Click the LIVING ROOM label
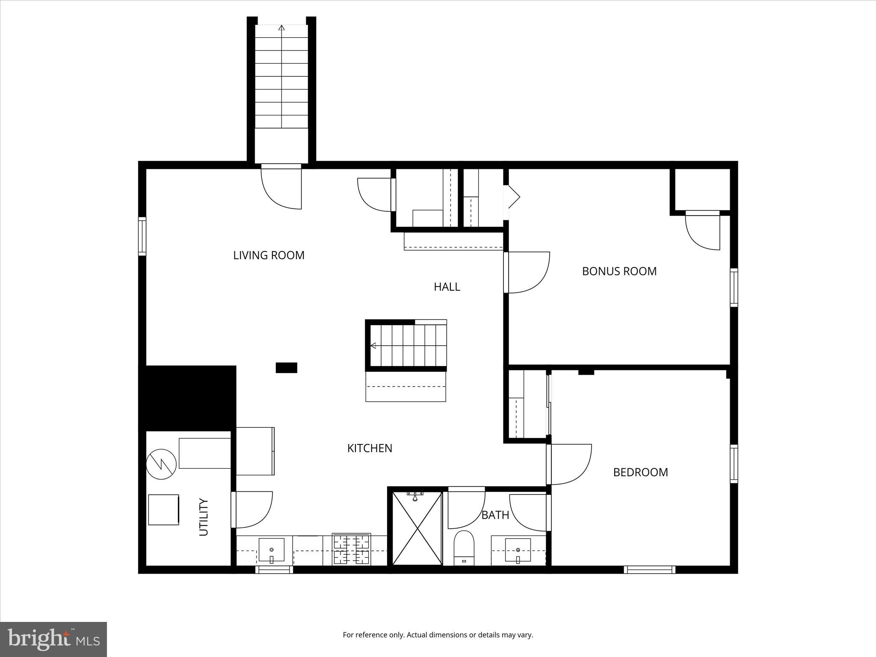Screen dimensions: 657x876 tap(269, 255)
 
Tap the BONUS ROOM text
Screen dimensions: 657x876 tap(619, 271)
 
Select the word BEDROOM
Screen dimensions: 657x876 tap(640, 472)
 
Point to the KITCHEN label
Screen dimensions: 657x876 tap(370, 448)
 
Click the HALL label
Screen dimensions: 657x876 tap(447, 287)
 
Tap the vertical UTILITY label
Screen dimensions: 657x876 tap(204, 517)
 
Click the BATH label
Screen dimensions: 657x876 tap(495, 515)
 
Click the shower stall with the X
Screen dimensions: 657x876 tap(417, 529)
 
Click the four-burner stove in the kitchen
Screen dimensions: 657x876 tap(351, 550)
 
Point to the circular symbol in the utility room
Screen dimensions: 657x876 tap(161, 465)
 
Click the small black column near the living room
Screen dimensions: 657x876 tap(286, 368)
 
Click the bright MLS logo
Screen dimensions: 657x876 tap(53, 639)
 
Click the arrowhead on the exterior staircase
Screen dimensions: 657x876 tap(281, 28)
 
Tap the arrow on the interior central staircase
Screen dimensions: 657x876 tap(373, 346)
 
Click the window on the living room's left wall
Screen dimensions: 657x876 tap(142, 237)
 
